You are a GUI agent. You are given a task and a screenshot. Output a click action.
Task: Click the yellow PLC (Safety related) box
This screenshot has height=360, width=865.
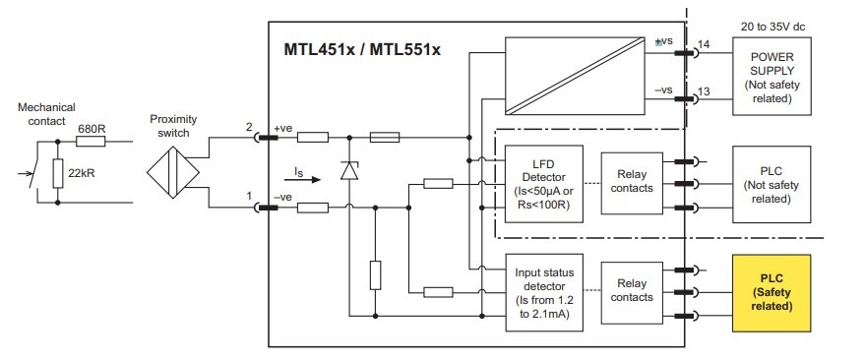772,293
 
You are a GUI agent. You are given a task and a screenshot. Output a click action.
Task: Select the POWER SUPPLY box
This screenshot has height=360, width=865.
772,76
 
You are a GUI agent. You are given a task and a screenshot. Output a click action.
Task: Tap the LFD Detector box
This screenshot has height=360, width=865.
543,184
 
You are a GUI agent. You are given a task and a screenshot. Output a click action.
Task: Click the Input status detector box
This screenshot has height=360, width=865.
544,293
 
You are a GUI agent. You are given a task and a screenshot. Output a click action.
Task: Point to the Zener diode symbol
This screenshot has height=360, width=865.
348,171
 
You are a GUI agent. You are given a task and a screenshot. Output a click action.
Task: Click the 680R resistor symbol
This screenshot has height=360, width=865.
91,141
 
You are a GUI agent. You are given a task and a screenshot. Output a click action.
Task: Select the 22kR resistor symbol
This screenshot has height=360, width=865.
58,173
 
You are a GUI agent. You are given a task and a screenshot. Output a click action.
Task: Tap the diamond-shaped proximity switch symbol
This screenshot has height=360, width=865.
173,172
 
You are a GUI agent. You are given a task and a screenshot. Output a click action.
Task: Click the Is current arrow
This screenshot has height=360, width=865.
307,179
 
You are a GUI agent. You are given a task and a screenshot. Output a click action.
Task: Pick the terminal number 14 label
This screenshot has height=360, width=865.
703,44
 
